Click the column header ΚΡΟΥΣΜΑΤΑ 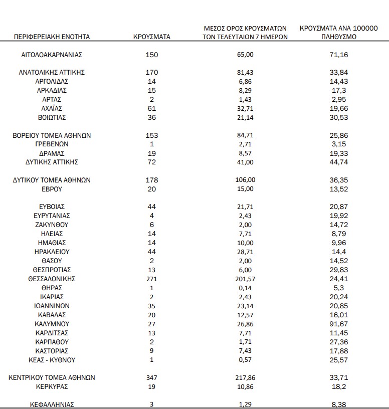point(151,37)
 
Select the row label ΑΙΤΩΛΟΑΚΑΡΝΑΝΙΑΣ point(52,55)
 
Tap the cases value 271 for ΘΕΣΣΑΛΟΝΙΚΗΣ point(151,279)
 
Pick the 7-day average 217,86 point(245,377)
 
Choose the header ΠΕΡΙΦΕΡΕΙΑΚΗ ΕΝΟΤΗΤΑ point(52,37)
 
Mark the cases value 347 point(151,377)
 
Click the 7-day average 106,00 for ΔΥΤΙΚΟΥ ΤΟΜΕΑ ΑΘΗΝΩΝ point(245,180)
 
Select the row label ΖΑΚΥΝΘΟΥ point(52,225)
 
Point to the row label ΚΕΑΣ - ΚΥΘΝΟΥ point(52,360)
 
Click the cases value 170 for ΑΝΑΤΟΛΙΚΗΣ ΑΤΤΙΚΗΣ point(151,72)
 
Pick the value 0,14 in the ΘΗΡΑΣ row point(245,288)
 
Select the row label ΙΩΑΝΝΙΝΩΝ point(52,306)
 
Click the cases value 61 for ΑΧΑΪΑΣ point(151,108)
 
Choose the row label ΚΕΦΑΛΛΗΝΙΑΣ point(52,404)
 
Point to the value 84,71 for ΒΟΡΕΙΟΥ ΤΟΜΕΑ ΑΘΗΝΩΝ point(245,135)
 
